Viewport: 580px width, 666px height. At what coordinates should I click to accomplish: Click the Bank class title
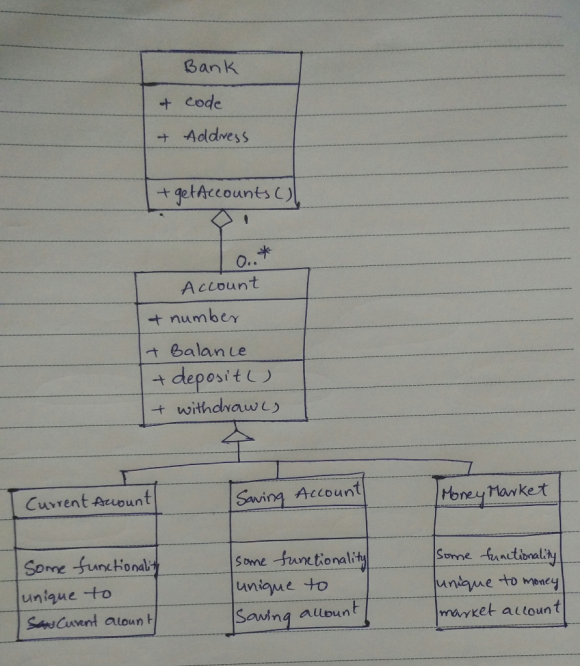211,67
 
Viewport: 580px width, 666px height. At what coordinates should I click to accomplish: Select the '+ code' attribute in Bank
190,102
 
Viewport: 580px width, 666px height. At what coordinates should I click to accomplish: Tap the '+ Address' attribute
203,136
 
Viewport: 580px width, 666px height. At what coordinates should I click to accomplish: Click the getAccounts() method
225,194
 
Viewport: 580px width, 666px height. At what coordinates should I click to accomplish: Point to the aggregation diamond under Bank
222,218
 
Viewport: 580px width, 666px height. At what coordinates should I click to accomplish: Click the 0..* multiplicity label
253,257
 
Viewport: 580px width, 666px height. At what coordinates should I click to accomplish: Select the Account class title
220,285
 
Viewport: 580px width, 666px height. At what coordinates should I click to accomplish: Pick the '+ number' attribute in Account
193,318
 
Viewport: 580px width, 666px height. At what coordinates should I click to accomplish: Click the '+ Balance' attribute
196,350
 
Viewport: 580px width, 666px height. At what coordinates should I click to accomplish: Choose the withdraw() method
216,408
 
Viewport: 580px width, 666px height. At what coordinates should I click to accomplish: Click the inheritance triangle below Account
238,437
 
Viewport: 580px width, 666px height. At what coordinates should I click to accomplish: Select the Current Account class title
88,501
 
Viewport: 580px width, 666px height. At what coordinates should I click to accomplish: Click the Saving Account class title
298,494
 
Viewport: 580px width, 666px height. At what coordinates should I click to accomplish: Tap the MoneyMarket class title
495,494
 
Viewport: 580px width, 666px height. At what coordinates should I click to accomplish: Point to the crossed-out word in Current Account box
41,623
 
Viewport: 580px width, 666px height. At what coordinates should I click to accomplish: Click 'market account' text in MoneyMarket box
500,610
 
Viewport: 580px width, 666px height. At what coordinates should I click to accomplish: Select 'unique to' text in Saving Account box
282,586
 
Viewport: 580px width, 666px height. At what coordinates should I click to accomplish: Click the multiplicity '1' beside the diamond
246,220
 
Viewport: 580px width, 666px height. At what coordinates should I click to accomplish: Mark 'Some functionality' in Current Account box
91,567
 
